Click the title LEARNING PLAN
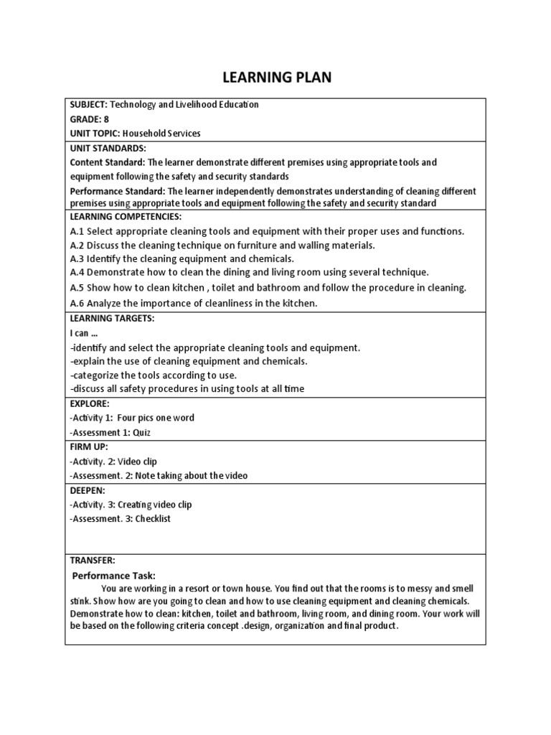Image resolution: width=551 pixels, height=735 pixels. pos(275,78)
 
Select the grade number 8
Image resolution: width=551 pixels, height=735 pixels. pos(106,119)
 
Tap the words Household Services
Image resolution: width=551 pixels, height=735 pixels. pos(161,134)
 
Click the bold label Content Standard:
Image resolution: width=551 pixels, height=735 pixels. pos(107,162)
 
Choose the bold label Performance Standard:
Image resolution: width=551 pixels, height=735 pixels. pos(117,191)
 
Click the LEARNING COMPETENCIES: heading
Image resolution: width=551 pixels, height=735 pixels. pos(126,216)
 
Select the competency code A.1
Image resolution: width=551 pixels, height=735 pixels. pos(77,231)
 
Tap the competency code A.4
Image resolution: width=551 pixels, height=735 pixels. pos(77,272)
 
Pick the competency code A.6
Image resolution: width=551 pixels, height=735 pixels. pos(77,304)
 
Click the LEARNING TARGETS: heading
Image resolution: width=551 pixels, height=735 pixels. pos(112,317)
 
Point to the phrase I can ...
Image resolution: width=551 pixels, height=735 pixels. pos(79,333)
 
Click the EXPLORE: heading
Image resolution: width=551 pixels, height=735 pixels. pos(89,404)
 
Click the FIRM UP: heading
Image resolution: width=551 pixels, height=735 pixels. pos(89,447)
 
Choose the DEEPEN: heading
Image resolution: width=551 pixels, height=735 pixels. pos(88,490)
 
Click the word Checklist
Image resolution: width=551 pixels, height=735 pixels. pos(154,519)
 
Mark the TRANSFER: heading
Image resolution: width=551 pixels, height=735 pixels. pos(92,560)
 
